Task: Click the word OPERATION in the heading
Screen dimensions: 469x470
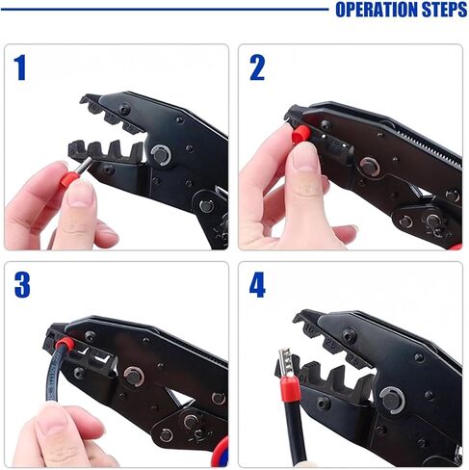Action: pos(377,10)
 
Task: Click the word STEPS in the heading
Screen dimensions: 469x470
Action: pos(444,10)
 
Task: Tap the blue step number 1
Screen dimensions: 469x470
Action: pos(20,67)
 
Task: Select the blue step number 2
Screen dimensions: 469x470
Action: pos(257,67)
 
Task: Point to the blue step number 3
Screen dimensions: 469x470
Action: pos(22,285)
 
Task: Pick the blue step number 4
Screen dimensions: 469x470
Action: pos(257,285)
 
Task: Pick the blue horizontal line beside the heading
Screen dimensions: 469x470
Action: pos(165,10)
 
